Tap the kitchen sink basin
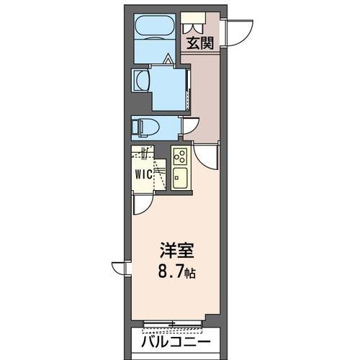click(181, 178)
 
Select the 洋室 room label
click(176, 253)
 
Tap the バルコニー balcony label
click(176, 342)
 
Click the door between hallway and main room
click(206, 156)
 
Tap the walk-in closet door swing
click(142, 205)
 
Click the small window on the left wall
click(123, 268)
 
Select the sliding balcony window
click(176, 322)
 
